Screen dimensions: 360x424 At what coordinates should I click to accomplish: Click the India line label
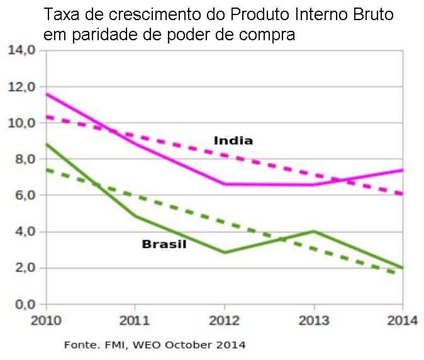pos(233,140)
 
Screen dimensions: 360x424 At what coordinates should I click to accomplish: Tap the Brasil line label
pos(164,244)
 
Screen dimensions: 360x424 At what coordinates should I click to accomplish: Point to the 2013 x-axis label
pos(314,320)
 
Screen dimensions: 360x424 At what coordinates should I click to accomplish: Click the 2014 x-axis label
pos(403,320)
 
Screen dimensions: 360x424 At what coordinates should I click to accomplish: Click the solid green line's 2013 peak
pos(314,231)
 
